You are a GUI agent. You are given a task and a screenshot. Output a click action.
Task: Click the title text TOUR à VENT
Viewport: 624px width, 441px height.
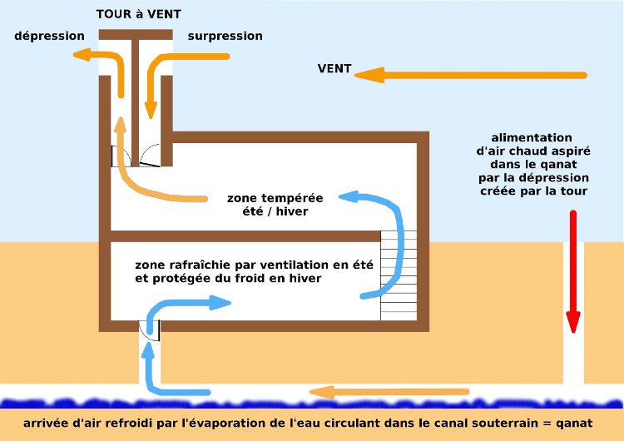click(x=138, y=14)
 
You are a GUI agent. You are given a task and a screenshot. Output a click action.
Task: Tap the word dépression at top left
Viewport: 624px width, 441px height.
click(x=49, y=36)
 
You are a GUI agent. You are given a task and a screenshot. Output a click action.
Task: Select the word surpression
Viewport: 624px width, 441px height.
click(x=225, y=36)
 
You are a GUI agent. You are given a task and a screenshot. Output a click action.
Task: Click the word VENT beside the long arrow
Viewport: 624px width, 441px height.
click(x=334, y=68)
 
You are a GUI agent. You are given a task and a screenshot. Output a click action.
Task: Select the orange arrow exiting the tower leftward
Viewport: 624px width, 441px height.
click(x=92, y=55)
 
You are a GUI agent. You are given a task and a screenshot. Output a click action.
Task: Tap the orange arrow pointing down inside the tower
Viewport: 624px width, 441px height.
click(x=151, y=92)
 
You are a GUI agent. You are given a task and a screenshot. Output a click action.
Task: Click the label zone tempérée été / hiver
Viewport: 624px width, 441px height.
click(x=275, y=205)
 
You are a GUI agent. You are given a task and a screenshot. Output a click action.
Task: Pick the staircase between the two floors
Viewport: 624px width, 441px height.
click(x=398, y=275)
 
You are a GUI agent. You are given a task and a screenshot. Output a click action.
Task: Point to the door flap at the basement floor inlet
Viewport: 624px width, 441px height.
click(x=151, y=330)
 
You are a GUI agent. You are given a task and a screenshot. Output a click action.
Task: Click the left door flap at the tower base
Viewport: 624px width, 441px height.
click(x=116, y=156)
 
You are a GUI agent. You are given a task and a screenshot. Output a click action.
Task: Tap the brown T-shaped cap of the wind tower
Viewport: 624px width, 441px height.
click(x=136, y=36)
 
